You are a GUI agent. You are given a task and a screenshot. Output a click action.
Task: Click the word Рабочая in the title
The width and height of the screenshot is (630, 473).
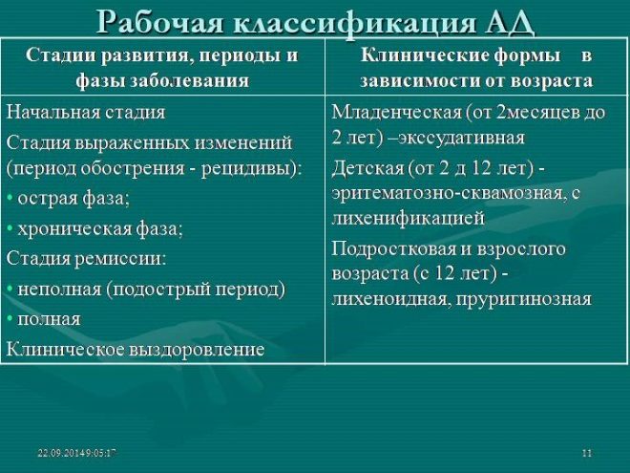pos(160,23)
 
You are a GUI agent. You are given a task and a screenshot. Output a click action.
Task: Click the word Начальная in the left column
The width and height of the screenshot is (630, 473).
pos(53,112)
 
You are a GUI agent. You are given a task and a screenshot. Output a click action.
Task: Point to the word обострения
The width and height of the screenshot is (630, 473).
pos(132,168)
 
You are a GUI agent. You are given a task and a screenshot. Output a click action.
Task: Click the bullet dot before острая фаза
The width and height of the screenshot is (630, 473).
pos(10,199)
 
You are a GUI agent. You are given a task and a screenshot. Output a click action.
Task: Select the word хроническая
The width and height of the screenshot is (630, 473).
pos(73,229)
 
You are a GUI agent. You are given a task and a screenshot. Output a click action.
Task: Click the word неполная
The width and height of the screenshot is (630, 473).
pos(59,289)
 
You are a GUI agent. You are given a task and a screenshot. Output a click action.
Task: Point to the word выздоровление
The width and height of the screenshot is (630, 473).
pos(197,349)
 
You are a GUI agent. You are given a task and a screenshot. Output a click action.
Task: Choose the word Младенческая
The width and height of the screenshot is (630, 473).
pos(396,112)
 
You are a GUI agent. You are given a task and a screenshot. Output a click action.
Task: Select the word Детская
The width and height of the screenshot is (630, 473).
pos(367,168)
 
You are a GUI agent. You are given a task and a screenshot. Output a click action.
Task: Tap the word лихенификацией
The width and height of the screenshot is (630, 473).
pos(408,219)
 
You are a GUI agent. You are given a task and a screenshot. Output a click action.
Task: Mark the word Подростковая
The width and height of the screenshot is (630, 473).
pos(393,249)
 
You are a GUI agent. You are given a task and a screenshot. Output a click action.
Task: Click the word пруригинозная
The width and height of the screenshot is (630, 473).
pos(523,299)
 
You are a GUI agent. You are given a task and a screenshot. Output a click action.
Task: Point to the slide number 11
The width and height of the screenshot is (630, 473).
pos(587,453)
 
